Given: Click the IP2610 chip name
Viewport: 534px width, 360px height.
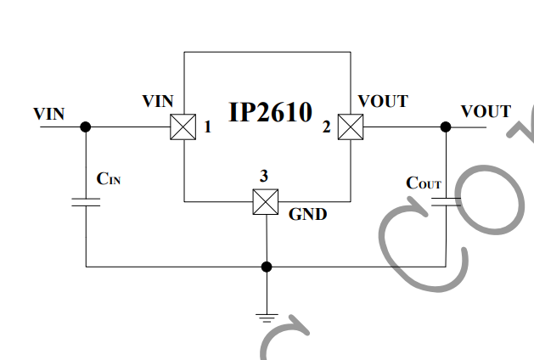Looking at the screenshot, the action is click(x=271, y=112).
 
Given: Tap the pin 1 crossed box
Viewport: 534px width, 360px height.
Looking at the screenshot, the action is click(x=183, y=127).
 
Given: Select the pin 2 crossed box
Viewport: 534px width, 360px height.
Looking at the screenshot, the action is click(x=351, y=127).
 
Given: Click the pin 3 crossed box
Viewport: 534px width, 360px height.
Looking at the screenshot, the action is click(x=266, y=201).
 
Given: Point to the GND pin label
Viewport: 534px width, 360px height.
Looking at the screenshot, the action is click(x=307, y=214).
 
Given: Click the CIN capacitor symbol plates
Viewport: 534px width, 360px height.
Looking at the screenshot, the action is click(x=86, y=202).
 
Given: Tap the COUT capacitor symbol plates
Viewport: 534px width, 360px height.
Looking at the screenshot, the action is click(x=447, y=202).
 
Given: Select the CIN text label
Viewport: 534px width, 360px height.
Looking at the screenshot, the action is click(x=109, y=179).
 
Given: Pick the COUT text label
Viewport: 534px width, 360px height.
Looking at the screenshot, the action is click(x=424, y=183).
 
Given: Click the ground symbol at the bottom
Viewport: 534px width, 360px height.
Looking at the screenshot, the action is click(x=267, y=318).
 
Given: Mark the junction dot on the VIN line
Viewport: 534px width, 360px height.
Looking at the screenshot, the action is click(x=86, y=127).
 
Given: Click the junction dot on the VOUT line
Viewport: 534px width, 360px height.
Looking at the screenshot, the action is click(x=446, y=127).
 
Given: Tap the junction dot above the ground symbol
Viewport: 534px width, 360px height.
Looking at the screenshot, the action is click(x=267, y=267).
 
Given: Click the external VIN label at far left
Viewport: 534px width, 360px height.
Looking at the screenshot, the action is click(x=48, y=114).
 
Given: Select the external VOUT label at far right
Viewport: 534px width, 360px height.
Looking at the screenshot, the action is click(x=486, y=111).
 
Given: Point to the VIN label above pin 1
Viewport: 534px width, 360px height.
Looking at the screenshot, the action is click(x=158, y=101).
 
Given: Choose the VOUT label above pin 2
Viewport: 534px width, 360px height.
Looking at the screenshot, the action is click(x=383, y=101).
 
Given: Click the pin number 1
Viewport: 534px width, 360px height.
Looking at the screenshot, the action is click(x=207, y=127).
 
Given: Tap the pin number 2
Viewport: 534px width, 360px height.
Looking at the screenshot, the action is click(x=327, y=127).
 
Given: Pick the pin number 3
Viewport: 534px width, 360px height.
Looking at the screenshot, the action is click(x=264, y=176).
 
